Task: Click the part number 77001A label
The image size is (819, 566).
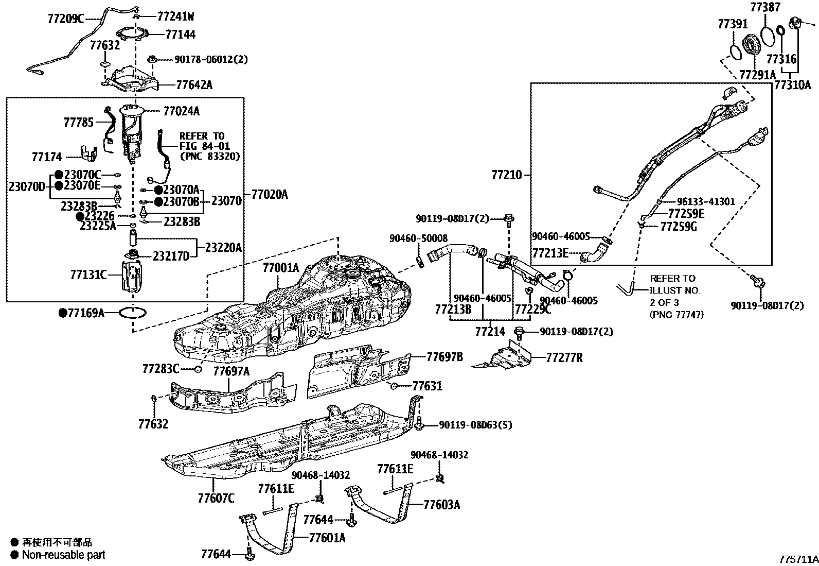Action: point(280,268)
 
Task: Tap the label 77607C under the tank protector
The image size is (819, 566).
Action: point(216,498)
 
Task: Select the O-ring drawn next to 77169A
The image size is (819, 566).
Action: point(133,313)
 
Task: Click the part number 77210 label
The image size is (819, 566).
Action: point(506,175)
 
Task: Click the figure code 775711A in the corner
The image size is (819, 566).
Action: point(798,559)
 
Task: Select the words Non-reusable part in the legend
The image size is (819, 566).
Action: point(64,555)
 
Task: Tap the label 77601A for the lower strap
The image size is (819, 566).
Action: point(327,538)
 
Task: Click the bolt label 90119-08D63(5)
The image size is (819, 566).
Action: point(475,425)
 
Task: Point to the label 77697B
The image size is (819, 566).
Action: point(444,356)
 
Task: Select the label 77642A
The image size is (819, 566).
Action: point(194,84)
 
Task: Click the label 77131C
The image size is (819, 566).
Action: point(88,275)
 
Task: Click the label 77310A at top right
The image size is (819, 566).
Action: point(792,84)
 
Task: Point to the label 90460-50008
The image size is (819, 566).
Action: point(418,238)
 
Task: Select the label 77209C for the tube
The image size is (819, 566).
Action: point(65,19)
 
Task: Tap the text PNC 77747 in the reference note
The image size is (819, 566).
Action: point(676,314)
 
